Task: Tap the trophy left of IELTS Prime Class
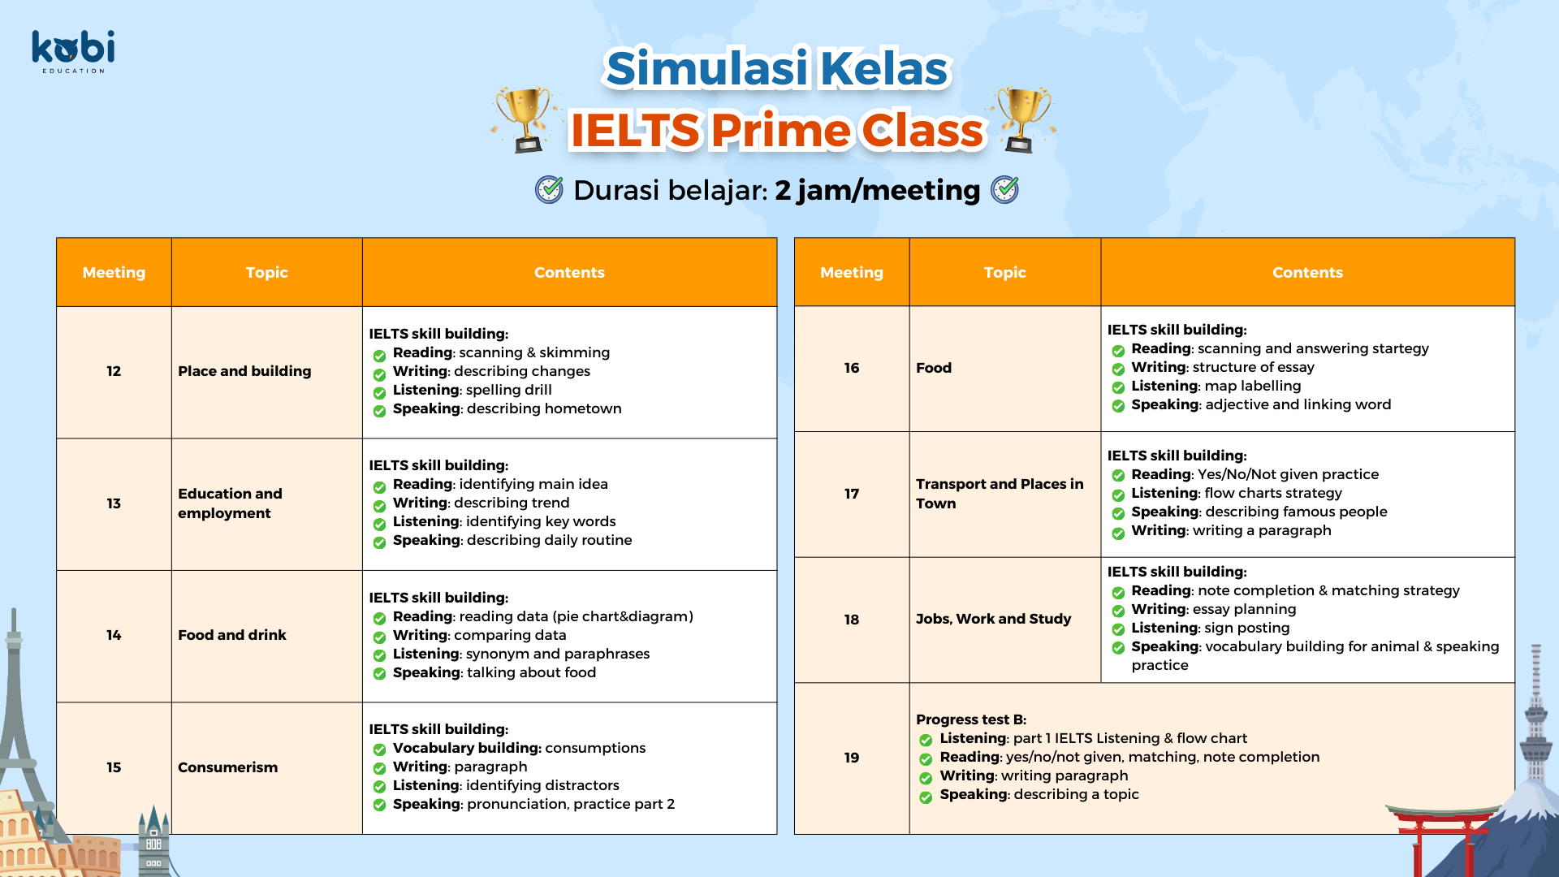pyautogui.click(x=525, y=119)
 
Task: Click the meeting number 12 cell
pyautogui.click(x=114, y=372)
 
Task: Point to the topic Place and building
pyautogui.click(x=244, y=371)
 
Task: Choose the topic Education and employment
pyautogui.click(x=230, y=503)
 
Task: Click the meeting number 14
pyautogui.click(x=114, y=635)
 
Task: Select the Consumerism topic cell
pyautogui.click(x=266, y=768)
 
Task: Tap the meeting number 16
pyautogui.click(x=851, y=368)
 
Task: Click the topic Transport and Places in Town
pyautogui.click(x=1000, y=494)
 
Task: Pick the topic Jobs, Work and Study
pyautogui.click(x=993, y=619)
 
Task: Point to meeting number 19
pyautogui.click(x=851, y=758)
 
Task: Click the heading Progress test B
pyautogui.click(x=971, y=719)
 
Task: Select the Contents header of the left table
pyautogui.click(x=569, y=273)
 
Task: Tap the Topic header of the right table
pyautogui.click(x=1004, y=273)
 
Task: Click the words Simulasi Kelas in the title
pyautogui.click(x=777, y=68)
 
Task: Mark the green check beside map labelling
pyautogui.click(x=1118, y=387)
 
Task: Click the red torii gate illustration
pyautogui.click(x=1442, y=840)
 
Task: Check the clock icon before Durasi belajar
pyautogui.click(x=549, y=190)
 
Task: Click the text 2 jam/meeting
pyautogui.click(x=877, y=190)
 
